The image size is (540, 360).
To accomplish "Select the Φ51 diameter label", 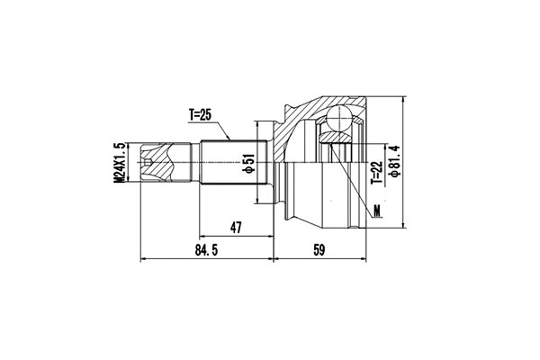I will pyautogui.click(x=247, y=164).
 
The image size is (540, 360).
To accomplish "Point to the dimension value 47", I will pyautogui.click(x=237, y=229).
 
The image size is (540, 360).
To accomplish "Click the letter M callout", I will pyautogui.click(x=377, y=212).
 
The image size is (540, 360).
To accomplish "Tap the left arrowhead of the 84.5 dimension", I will pyautogui.click(x=145, y=259).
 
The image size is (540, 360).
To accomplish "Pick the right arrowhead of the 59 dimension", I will pyautogui.click(x=365, y=259).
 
